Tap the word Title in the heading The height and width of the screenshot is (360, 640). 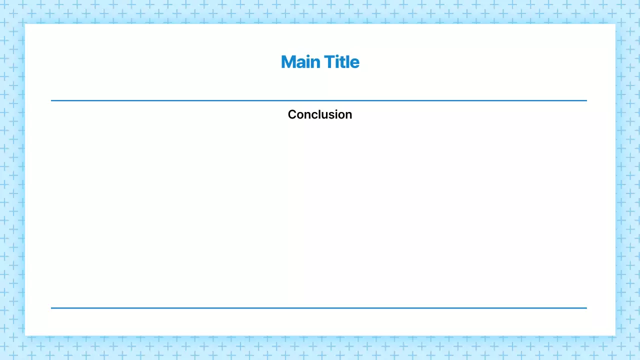coord(341,62)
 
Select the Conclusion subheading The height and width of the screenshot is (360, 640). coord(320,114)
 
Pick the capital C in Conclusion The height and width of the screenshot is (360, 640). coord(292,114)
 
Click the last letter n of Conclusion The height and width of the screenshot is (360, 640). coord(348,115)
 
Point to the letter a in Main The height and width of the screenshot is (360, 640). coord(300,63)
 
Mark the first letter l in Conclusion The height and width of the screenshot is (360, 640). coord(317,114)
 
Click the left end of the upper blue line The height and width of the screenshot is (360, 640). coord(51,100)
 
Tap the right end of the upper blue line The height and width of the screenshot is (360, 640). coord(586,100)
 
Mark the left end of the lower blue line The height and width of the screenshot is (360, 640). coord(51,308)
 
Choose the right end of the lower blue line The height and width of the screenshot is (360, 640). coord(586,308)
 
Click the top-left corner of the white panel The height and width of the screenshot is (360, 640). coord(25,24)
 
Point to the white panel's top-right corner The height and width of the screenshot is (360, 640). coord(614,24)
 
